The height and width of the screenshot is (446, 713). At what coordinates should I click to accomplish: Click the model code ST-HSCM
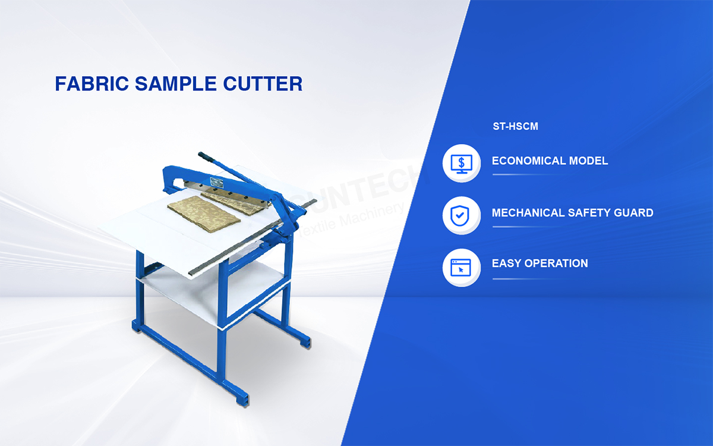515,127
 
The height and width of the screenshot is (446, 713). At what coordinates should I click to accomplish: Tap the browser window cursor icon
461,267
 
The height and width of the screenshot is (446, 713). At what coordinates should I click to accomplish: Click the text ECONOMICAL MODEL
550,161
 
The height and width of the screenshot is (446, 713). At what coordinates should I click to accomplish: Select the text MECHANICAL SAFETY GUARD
572,213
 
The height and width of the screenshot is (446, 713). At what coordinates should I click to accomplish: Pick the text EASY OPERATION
540,263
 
